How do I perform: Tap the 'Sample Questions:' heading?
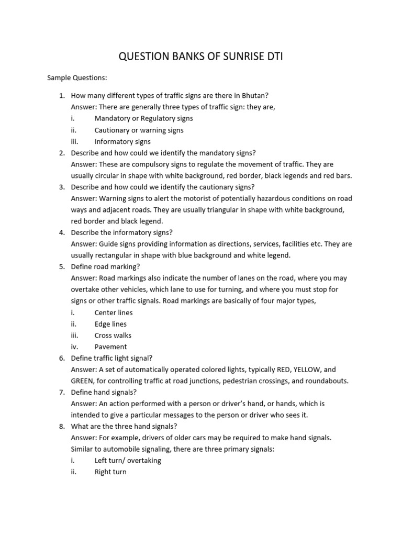[77, 78]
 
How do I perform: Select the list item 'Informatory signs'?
[122, 141]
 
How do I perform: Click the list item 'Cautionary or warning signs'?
[139, 130]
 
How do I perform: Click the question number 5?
[61, 267]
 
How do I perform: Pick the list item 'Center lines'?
[114, 312]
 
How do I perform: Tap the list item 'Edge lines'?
[110, 324]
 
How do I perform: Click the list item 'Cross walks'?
[113, 336]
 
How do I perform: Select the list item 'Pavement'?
[110, 347]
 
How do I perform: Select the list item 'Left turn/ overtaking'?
[128, 461]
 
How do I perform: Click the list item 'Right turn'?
[110, 472]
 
